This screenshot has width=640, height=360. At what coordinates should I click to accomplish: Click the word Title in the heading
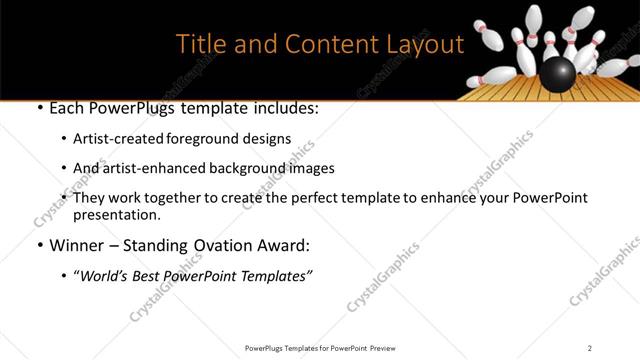[200, 45]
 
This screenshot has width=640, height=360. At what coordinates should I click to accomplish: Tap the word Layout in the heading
[422, 45]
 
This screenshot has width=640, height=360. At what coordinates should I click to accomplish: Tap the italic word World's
[105, 277]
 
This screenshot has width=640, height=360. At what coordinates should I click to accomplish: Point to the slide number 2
[589, 347]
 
